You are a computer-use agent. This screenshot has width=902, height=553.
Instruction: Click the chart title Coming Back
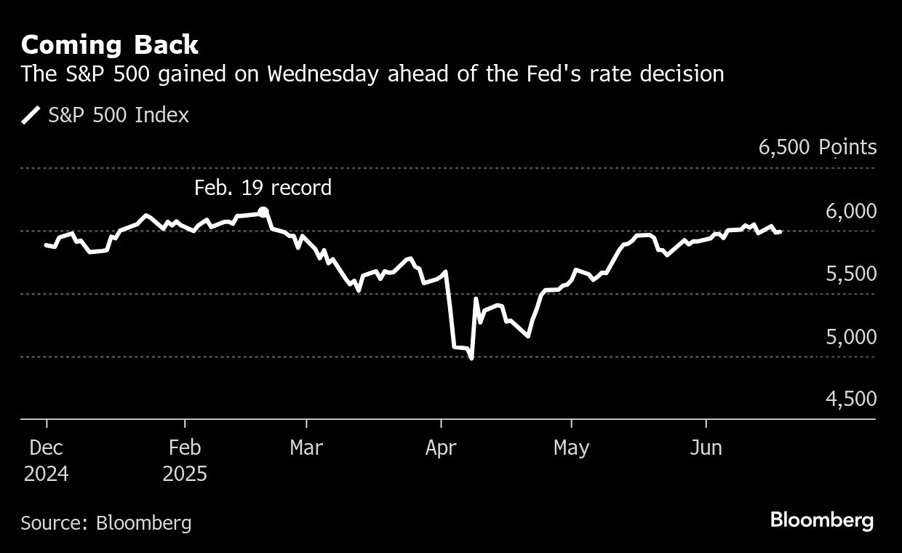[x=109, y=45]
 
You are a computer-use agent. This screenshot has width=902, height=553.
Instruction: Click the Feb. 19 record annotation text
[x=263, y=188]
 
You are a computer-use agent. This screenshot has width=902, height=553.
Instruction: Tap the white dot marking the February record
[x=263, y=212]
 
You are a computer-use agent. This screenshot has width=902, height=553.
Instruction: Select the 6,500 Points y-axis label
[x=818, y=148]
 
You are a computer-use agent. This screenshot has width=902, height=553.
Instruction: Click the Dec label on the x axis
[x=47, y=447]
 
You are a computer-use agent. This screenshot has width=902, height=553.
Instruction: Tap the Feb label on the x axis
[x=185, y=447]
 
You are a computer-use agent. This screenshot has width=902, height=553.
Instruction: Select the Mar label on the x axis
[x=306, y=447]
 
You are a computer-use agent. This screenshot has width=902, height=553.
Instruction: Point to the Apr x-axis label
[x=441, y=447]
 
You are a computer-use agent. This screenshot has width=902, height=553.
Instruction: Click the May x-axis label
[x=571, y=447]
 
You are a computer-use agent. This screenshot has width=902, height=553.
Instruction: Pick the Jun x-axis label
[x=706, y=447]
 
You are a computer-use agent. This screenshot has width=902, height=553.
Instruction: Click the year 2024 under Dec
[x=47, y=474]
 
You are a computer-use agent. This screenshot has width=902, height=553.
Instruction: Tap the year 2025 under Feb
[x=185, y=474]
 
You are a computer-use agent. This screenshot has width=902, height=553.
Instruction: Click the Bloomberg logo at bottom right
[x=821, y=521]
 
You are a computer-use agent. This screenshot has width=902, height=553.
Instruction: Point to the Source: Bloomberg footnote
[x=106, y=522]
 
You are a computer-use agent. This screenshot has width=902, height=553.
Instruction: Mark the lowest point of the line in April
[x=471, y=357]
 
